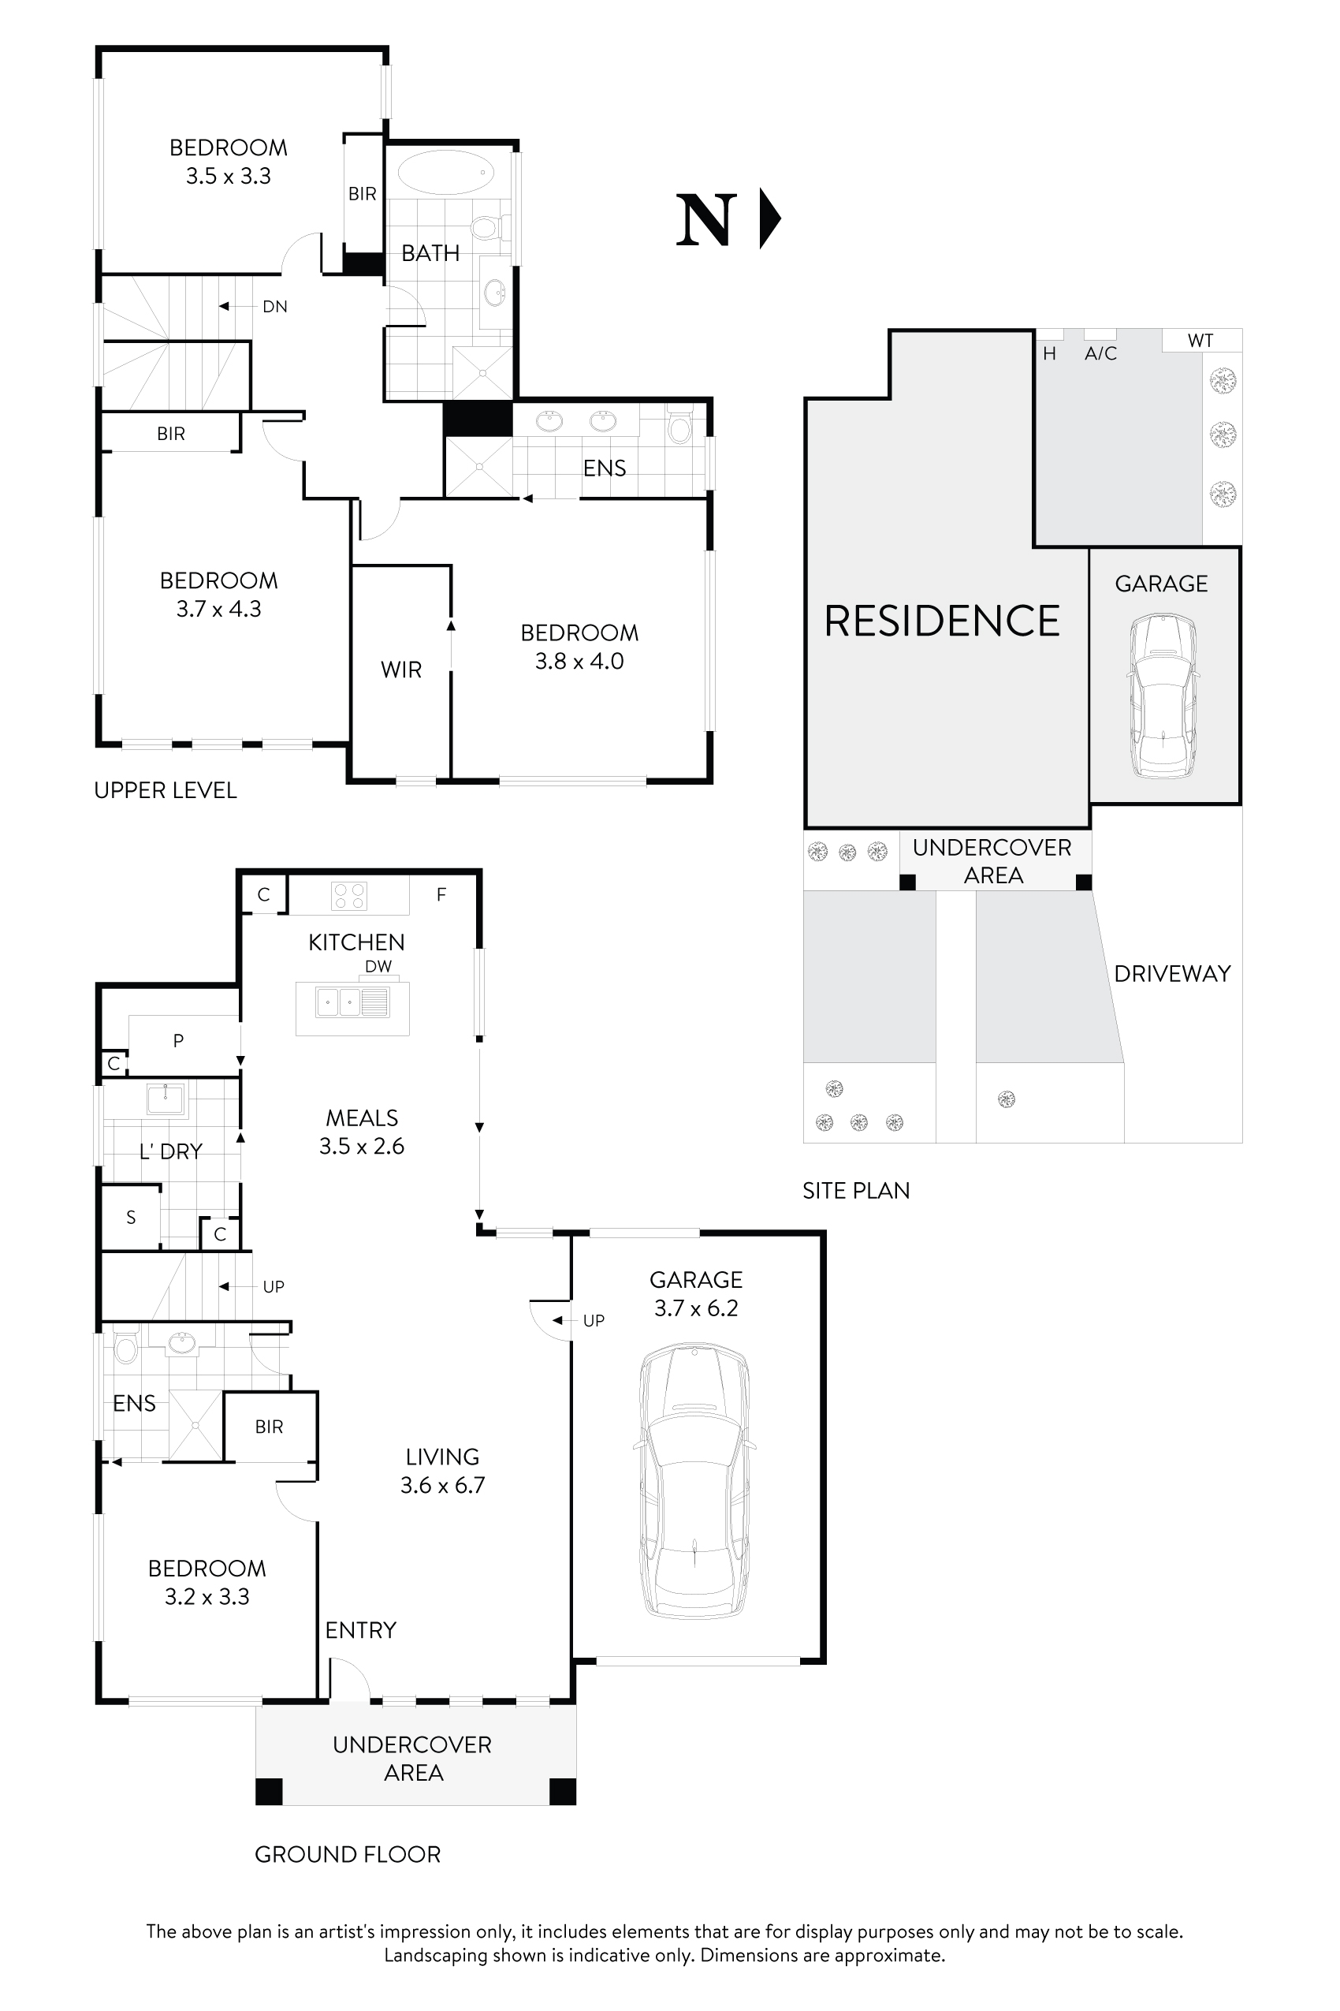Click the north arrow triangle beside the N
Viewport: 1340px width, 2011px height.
769,219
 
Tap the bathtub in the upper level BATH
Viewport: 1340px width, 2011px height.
445,173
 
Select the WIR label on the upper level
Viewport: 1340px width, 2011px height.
400,670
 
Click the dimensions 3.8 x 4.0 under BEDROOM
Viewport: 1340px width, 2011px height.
579,662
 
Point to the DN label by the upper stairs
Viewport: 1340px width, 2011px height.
274,306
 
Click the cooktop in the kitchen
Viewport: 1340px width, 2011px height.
349,895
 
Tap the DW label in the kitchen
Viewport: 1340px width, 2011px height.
378,966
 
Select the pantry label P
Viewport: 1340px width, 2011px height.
178,1040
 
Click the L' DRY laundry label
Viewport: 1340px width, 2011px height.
170,1151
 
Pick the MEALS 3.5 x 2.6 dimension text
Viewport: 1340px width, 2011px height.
362,1147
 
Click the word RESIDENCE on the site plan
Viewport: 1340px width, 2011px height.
941,621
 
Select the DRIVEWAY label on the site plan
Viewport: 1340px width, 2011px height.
1171,974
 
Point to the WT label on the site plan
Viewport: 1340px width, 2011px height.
1200,341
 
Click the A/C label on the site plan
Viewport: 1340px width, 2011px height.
1100,353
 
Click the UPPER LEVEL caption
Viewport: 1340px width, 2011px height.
165,790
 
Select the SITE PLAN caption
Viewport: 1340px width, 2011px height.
855,1190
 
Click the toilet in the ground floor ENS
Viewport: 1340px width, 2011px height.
125,1349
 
